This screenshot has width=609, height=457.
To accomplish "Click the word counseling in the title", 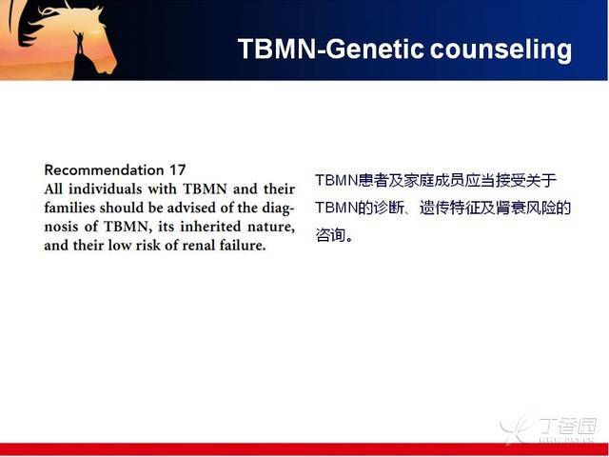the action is [x=501, y=50].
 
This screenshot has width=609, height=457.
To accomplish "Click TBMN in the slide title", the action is [x=277, y=49].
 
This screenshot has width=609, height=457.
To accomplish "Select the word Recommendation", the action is [x=104, y=169].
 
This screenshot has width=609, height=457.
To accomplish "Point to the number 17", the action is [x=178, y=169].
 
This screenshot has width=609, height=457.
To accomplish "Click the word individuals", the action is [x=106, y=189].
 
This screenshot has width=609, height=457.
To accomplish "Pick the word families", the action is [x=69, y=208].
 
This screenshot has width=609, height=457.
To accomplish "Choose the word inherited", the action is [x=210, y=227].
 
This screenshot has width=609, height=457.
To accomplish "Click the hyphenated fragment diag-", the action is [x=279, y=209].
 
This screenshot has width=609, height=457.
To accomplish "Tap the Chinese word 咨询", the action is [x=330, y=235].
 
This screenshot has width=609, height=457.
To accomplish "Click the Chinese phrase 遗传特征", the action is [x=449, y=208].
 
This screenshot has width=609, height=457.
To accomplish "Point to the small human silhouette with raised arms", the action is [x=79, y=43].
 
